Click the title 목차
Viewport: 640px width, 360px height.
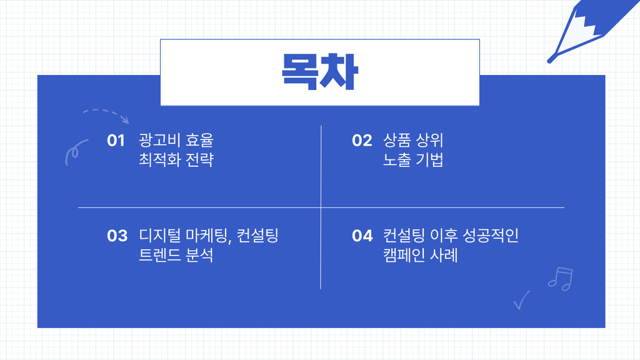click(x=320, y=72)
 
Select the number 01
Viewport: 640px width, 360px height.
click(x=116, y=141)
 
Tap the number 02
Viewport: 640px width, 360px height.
click(x=362, y=141)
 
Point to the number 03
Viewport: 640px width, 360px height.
click(x=117, y=236)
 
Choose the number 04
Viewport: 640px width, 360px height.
click(x=362, y=236)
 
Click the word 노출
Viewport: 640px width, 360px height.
click(x=397, y=159)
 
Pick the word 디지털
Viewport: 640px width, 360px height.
click(x=159, y=236)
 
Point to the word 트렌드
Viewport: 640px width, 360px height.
click(x=159, y=255)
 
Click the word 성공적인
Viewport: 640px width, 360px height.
click(x=490, y=236)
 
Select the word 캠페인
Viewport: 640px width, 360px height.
click(x=404, y=255)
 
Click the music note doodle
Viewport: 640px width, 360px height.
click(x=561, y=279)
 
